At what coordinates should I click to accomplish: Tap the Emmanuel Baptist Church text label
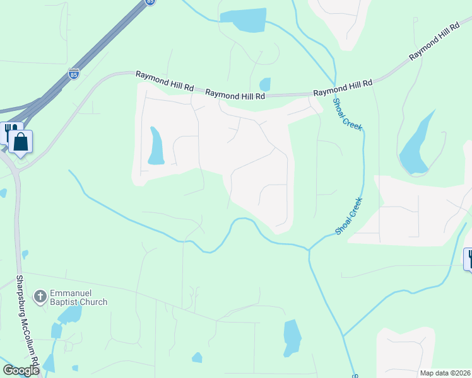point(79,297)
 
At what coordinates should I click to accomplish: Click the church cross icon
point(40,296)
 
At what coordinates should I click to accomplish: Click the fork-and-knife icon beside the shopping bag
point(9,131)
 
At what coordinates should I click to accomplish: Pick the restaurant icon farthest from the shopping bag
point(469,258)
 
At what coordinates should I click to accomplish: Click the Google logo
point(20,370)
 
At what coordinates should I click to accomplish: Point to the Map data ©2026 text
point(445,373)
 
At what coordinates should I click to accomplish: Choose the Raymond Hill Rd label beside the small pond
point(235,94)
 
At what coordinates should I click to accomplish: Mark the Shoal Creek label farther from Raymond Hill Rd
point(348,216)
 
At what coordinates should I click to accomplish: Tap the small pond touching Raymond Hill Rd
point(265,84)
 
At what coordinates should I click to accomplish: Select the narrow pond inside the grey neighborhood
point(155,146)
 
